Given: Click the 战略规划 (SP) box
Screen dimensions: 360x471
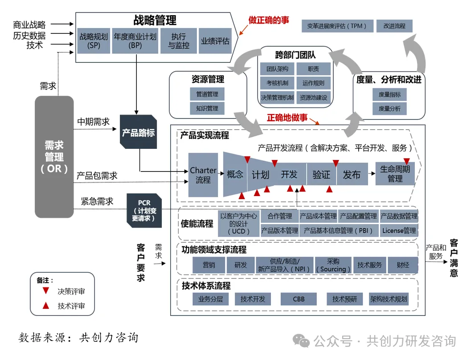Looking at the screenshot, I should [94, 41].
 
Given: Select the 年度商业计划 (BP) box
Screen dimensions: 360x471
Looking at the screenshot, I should [135, 41].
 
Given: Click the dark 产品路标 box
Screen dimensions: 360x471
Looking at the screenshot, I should [138, 132].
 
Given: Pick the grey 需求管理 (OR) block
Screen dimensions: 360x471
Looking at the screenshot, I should [54, 157].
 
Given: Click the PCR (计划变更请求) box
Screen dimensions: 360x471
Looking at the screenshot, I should [144, 210].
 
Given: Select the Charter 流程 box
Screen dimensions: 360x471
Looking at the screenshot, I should [203, 175].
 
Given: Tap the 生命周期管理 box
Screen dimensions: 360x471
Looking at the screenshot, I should [395, 174].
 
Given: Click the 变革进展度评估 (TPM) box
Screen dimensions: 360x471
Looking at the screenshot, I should [337, 26].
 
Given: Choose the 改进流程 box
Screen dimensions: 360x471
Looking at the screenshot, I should [394, 26].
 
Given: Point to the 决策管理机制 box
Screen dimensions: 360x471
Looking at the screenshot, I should [277, 98].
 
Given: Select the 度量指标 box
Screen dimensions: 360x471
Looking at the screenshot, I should [389, 94].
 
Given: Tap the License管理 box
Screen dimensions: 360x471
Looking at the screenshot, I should [399, 230].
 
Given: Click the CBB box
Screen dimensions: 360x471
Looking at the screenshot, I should [299, 299].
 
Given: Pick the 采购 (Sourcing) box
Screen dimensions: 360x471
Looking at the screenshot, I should [333, 265].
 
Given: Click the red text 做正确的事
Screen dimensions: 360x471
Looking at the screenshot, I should [268, 20].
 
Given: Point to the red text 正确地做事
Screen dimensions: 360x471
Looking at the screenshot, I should [287, 118].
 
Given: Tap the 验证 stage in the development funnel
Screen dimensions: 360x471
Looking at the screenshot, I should [321, 175].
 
